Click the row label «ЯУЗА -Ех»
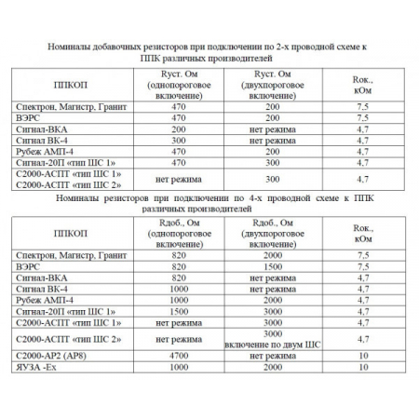(x=67, y=368)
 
